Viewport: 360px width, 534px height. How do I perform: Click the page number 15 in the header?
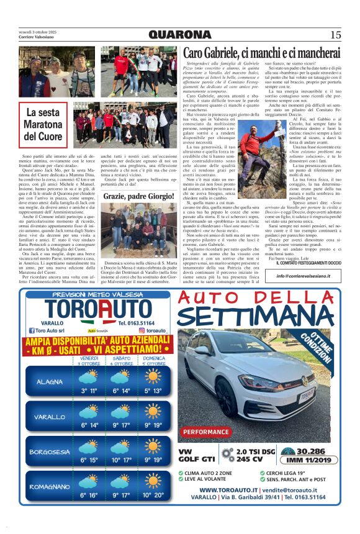335,35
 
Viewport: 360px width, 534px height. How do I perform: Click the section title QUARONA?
180,35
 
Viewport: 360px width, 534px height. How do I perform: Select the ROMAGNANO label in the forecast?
50,486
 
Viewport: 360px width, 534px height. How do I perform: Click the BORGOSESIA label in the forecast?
50,451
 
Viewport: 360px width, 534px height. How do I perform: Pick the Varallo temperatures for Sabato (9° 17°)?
121,425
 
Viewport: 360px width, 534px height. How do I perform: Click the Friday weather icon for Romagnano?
89,482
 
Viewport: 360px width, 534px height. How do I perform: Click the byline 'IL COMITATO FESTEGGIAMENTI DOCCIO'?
300,263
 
